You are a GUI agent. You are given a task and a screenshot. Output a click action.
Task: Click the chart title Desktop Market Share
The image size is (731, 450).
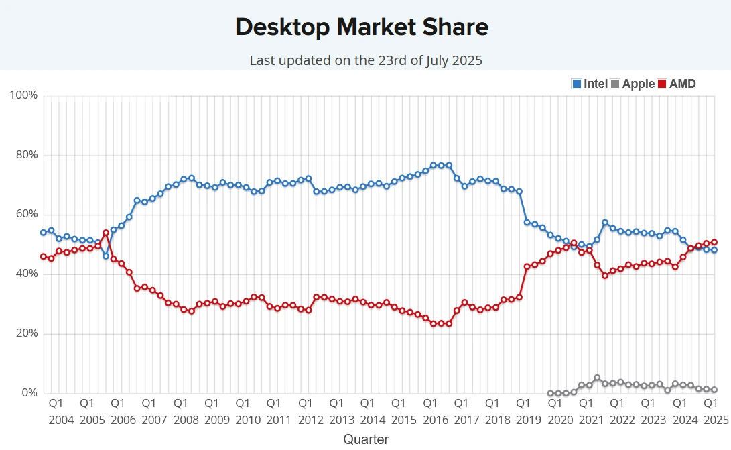(x=362, y=27)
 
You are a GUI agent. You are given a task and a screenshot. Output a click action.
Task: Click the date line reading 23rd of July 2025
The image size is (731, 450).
(x=366, y=60)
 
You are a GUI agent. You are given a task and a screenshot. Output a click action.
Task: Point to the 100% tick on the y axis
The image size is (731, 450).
(x=23, y=95)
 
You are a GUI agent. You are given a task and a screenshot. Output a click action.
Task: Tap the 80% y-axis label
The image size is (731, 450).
(x=26, y=155)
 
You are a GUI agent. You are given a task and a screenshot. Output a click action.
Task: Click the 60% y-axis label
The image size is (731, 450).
(x=26, y=215)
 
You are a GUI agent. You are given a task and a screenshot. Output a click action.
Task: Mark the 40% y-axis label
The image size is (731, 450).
(x=26, y=274)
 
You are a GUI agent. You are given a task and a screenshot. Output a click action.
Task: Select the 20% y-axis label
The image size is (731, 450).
(x=26, y=333)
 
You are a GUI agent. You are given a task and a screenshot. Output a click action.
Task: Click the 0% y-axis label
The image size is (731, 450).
(x=29, y=393)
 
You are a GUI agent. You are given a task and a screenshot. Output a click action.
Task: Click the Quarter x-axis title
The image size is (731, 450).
(x=366, y=439)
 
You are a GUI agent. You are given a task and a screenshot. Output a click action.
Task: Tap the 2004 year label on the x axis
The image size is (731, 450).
(x=61, y=420)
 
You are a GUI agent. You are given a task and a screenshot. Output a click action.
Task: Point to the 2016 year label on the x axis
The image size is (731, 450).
(x=435, y=420)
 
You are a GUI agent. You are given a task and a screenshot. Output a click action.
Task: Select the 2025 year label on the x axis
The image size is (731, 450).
(x=715, y=420)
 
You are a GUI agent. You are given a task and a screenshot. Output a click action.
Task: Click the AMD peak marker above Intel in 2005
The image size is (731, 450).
(x=105, y=233)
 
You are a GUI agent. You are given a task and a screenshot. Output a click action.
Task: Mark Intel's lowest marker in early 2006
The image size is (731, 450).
(x=105, y=256)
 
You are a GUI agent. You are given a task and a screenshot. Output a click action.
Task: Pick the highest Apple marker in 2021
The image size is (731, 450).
(x=597, y=378)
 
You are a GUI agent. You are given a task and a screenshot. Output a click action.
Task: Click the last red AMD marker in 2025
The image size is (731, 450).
(x=714, y=242)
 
